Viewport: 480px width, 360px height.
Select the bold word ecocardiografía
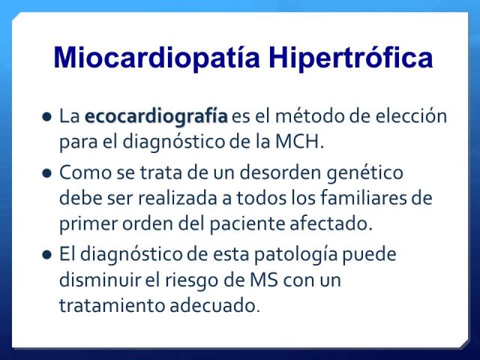pos(156,117)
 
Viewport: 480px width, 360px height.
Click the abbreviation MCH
pos(299,142)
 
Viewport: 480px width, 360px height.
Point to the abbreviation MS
pos(264,280)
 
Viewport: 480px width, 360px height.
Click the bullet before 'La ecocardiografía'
pos(46,117)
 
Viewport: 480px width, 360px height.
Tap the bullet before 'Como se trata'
pos(46,173)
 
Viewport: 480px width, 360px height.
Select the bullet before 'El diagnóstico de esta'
pos(46,255)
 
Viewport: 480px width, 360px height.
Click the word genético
pos(364,173)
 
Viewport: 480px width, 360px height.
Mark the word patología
pos(296,255)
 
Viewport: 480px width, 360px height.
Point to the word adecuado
pos(214,305)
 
